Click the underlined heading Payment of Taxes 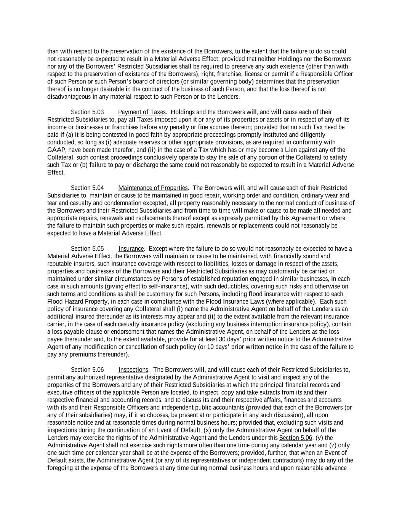[142, 112]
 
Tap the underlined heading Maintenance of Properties [153, 188]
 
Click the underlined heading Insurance [131, 249]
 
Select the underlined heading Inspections [133, 370]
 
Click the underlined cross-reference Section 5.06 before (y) [296, 438]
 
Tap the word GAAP [57, 150]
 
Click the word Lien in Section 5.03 [296, 150]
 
